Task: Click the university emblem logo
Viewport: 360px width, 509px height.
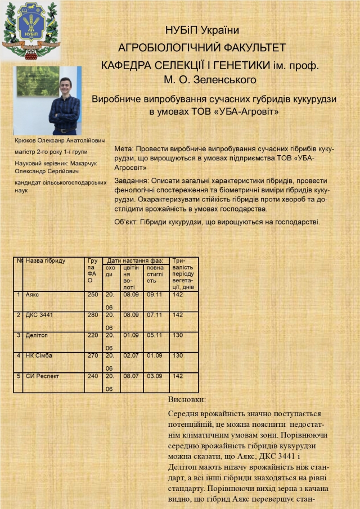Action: pyautogui.click(x=31, y=29)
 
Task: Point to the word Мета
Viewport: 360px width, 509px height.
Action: pyautogui.click(x=123, y=150)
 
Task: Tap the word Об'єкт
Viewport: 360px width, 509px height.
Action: pyautogui.click(x=125, y=222)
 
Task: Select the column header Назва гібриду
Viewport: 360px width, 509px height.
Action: pyautogui.click(x=46, y=261)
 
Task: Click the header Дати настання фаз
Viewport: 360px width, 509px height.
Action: pyautogui.click(x=135, y=261)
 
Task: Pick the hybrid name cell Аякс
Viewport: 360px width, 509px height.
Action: pyautogui.click(x=33, y=294)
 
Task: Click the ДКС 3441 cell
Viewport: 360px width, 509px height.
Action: pyautogui.click(x=39, y=315)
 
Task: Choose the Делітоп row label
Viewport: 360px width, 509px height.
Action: pyautogui.click(x=37, y=335)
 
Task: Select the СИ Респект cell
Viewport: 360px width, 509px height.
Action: pyautogui.click(x=43, y=376)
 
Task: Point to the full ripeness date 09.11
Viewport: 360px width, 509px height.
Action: pyautogui.click(x=154, y=294)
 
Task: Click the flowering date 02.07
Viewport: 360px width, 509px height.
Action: pyautogui.click(x=130, y=355)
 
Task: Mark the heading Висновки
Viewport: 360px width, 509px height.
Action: pyautogui.click(x=187, y=399)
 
